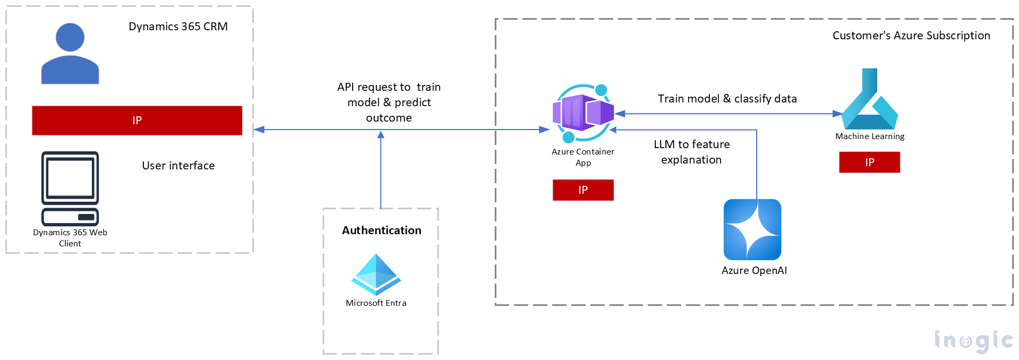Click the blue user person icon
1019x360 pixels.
tap(70, 54)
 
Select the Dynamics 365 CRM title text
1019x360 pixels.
tap(178, 27)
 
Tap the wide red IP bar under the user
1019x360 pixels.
tap(137, 121)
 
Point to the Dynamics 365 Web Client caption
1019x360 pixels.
tap(70, 238)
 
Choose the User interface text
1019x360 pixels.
tap(178, 166)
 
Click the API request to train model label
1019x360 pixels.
tap(389, 102)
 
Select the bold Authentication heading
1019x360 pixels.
tap(381, 230)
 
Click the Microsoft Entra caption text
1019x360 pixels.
tap(376, 303)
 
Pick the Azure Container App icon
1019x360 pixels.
tap(583, 113)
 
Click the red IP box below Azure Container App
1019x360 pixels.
tap(583, 190)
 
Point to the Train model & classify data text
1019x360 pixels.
tap(727, 99)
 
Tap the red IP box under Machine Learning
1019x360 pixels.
tap(869, 162)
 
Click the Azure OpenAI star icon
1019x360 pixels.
tap(752, 229)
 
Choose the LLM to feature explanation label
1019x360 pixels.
tap(691, 152)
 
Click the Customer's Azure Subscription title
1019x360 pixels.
tap(911, 36)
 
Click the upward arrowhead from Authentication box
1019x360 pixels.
tap(381, 135)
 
